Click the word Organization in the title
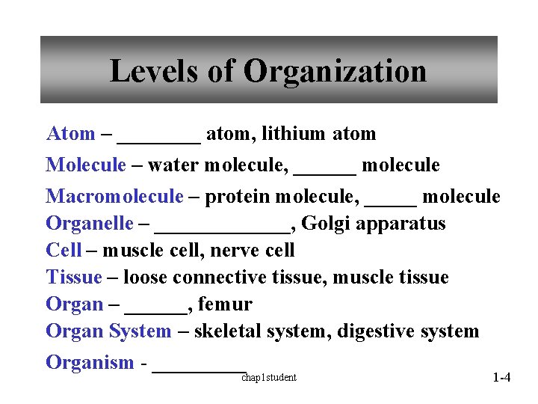tap(335, 72)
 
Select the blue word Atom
tap(70, 135)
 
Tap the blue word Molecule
tap(86, 165)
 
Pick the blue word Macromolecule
tap(114, 197)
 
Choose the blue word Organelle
tap(90, 224)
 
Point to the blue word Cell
tap(64, 251)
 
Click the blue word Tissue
tap(73, 278)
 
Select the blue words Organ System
tap(108, 331)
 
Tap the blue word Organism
tap(90, 363)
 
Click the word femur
tap(225, 304)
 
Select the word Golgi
tap(322, 224)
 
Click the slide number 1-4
tap(501, 378)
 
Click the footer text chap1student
tap(268, 378)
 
